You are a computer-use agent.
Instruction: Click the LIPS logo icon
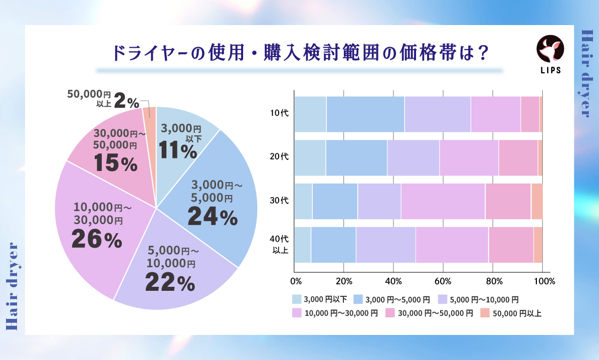[550, 49]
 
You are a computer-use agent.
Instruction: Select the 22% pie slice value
[169, 283]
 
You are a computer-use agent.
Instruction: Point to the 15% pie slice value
[115, 163]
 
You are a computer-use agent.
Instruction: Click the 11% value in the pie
[177, 150]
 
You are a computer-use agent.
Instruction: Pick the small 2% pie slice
[149, 118]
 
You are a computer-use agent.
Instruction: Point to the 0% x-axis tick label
[296, 280]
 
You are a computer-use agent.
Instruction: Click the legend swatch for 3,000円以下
[297, 299]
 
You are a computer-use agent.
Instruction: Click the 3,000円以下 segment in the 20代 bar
[310, 157]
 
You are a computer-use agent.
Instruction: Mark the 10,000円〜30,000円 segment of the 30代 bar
[443, 201]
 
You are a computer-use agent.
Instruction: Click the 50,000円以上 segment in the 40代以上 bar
[537, 245]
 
